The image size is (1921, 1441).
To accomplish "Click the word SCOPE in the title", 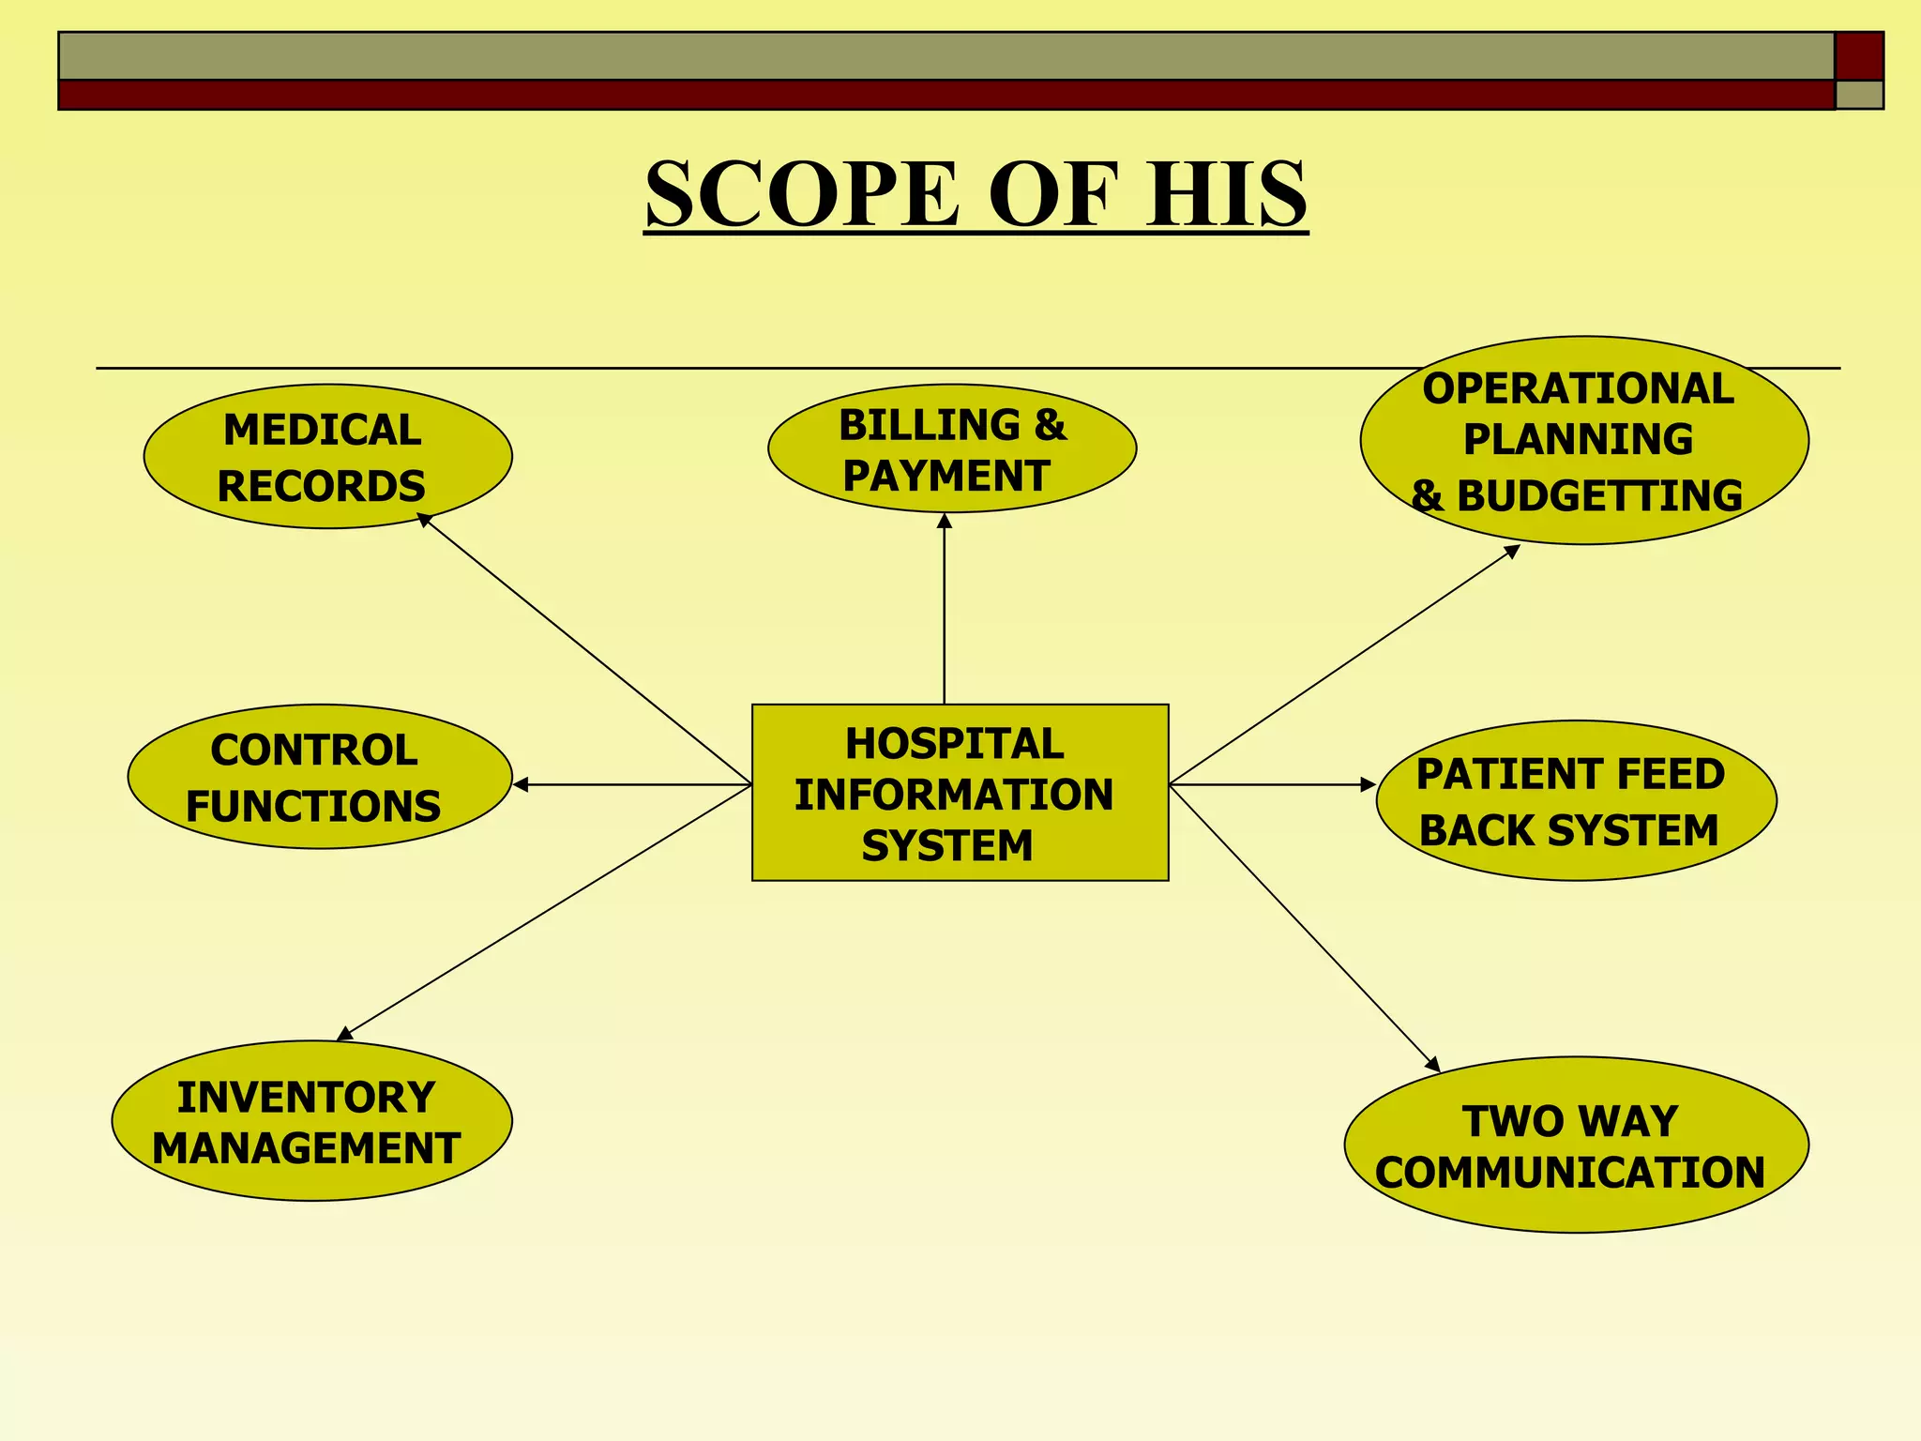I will pyautogui.click(x=802, y=194).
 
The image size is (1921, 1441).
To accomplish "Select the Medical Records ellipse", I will pyautogui.click(x=327, y=457).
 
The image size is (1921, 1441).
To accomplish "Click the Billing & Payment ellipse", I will pyautogui.click(x=951, y=448).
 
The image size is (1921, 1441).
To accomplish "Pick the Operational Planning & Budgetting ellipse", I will pyautogui.click(x=1583, y=440).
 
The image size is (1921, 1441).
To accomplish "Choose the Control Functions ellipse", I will pyautogui.click(x=319, y=777).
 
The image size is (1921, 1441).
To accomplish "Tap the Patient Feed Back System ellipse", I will pyautogui.click(x=1576, y=800).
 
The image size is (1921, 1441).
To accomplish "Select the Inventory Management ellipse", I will pyautogui.click(x=311, y=1121).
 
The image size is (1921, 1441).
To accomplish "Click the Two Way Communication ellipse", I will pyautogui.click(x=1576, y=1145).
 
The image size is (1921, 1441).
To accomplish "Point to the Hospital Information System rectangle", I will pyautogui.click(x=960, y=793).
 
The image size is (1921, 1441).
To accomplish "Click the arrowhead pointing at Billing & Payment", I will pyautogui.click(x=945, y=521).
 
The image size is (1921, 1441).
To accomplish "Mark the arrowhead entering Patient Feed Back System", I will pyautogui.click(x=1368, y=784).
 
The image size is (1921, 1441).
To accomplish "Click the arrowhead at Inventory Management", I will pyautogui.click(x=345, y=1034).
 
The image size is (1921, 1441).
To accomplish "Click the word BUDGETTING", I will pyautogui.click(x=1599, y=496).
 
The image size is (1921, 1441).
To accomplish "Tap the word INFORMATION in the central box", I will pyautogui.click(x=954, y=795).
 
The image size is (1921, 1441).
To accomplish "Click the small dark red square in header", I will pyautogui.click(x=1858, y=55).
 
